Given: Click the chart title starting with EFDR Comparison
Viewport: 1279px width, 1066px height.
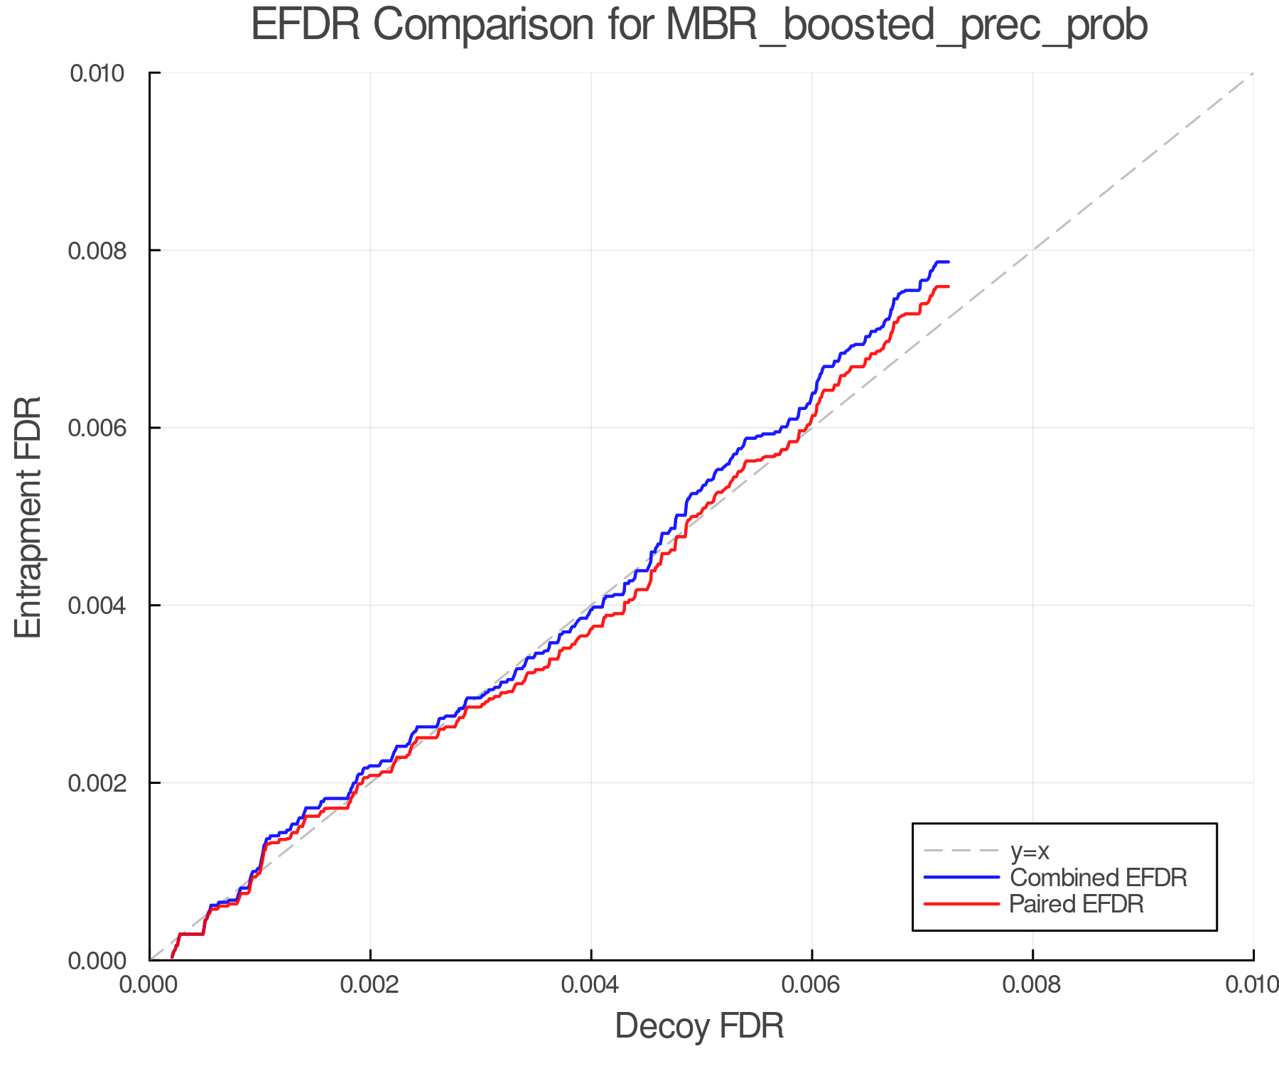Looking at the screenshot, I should click(x=699, y=26).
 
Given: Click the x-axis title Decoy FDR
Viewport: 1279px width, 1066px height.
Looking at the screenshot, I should click(x=699, y=1026).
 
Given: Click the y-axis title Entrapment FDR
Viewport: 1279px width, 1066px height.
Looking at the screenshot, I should click(x=28, y=517).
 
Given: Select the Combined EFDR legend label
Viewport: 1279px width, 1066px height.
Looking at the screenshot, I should click(x=1098, y=878).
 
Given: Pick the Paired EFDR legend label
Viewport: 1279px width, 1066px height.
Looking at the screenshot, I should click(x=1076, y=904).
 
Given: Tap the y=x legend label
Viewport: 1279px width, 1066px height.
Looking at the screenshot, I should click(x=1030, y=851).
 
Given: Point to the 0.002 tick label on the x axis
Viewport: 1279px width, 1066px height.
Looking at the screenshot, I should click(x=370, y=985).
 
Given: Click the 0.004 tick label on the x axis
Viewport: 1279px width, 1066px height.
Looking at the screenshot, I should click(x=591, y=985).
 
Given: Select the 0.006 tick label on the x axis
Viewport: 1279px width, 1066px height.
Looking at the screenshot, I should click(x=812, y=985).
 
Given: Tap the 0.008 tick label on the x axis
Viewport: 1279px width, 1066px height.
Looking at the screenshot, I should click(x=1032, y=985).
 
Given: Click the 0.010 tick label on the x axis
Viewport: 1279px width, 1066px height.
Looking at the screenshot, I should click(x=1252, y=985).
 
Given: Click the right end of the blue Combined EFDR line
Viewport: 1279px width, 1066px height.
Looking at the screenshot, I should click(x=949, y=262).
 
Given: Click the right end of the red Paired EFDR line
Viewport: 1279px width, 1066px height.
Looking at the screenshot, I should click(x=949, y=286).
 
